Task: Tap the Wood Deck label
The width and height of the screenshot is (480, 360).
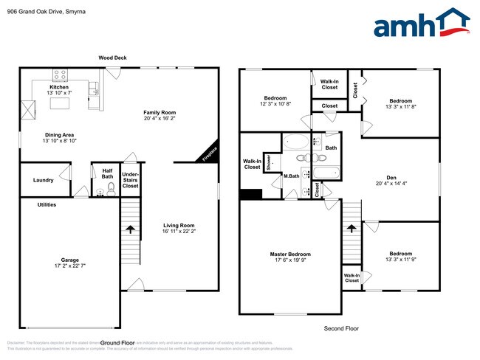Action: pos(114,58)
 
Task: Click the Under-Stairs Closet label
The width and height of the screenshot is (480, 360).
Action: pos(131,180)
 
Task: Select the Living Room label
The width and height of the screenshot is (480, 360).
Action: pos(178,226)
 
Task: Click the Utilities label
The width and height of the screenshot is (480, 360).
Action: pos(47,204)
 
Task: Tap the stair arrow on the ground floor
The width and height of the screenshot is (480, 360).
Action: pos(130,229)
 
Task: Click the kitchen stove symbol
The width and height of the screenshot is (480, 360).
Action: pos(59,75)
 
